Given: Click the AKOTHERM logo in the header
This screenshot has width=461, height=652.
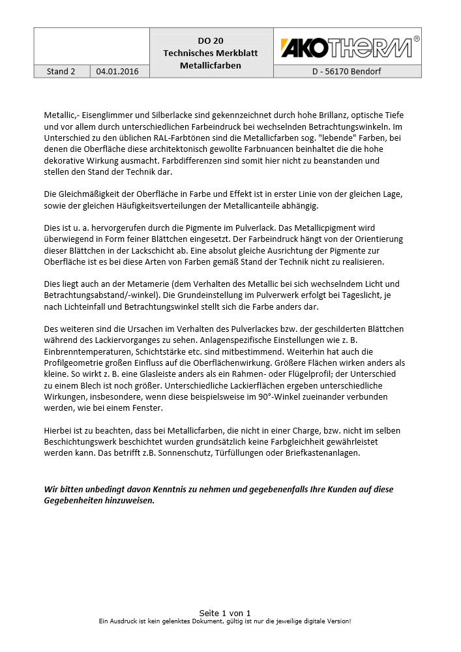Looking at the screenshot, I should coord(346,48).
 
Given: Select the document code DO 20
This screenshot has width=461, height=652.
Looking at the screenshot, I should coord(211,40).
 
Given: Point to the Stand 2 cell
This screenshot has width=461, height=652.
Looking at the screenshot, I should coord(61,72).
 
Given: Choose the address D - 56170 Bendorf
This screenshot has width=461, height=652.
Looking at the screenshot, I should coord(346,72).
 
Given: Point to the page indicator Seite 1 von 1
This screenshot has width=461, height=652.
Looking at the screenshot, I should coord(225,613).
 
